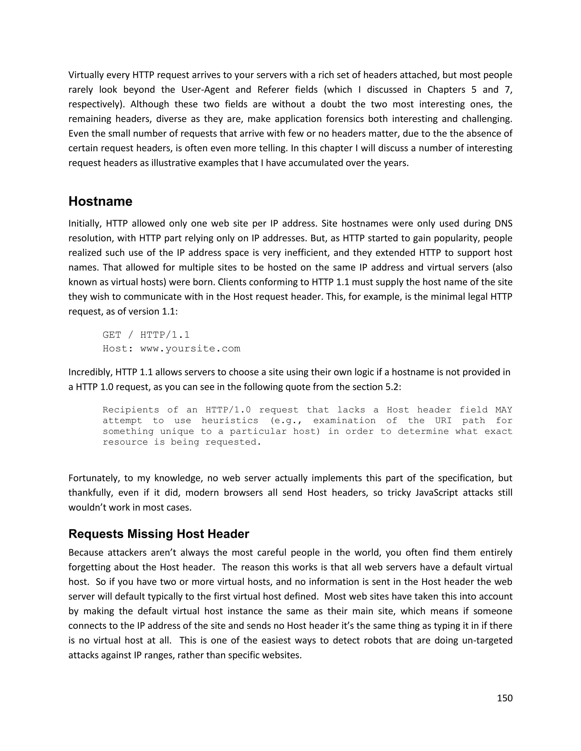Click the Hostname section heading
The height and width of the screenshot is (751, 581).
pos(100,201)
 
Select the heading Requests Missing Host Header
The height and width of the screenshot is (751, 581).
pos(159,534)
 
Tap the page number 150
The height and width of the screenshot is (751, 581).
pos(505,698)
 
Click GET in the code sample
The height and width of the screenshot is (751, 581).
pos(112,335)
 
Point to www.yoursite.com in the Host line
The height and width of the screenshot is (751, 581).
pos(190,349)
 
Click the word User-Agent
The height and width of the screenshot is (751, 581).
pos(205,90)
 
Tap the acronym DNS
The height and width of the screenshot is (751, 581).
pos(503,224)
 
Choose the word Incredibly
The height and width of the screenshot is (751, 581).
pos(90,372)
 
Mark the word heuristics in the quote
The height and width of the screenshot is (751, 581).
pos(230,421)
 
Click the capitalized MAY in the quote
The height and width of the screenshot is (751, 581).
pos(504,410)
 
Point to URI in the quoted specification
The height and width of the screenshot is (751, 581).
pos(443,421)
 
